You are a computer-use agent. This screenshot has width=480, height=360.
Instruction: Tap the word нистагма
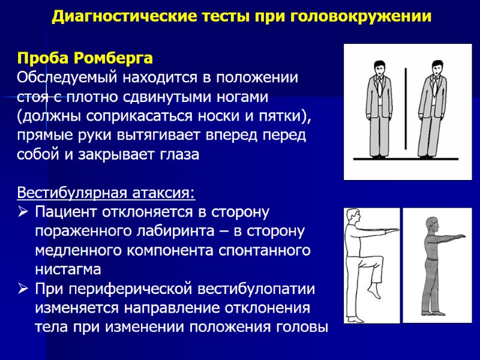(x=68, y=269)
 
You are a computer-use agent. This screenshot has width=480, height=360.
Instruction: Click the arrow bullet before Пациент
(x=23, y=212)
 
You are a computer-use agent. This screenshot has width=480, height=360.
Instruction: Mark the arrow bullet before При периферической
(x=23, y=289)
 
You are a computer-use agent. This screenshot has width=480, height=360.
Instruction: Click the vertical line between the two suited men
(x=406, y=108)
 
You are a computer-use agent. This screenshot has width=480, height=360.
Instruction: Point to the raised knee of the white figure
(x=380, y=259)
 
